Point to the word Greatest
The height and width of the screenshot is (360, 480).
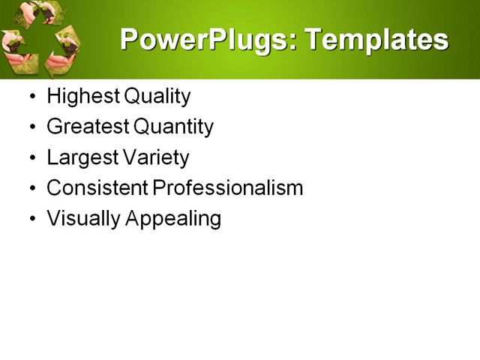click(x=85, y=127)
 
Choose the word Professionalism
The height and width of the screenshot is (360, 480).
click(x=227, y=188)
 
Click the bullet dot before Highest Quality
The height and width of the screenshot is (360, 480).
click(x=31, y=97)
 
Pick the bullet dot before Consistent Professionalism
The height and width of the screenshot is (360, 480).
click(x=31, y=189)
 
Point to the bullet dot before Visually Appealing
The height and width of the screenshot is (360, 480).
click(x=31, y=220)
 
